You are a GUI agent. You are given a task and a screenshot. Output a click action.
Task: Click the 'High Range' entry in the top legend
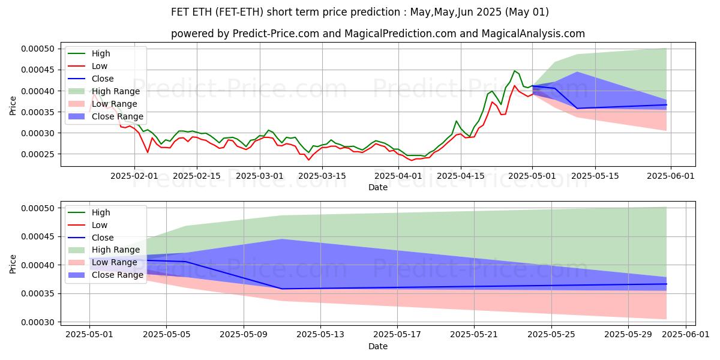click(x=115, y=91)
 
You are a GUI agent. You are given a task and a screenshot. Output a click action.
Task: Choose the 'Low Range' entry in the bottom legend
click(x=114, y=263)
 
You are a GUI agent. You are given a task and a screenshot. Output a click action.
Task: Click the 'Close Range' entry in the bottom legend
click(x=117, y=275)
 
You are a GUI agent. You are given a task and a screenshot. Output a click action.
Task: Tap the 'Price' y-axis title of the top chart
click(x=13, y=106)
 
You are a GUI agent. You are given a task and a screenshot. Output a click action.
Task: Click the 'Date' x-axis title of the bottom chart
click(x=378, y=346)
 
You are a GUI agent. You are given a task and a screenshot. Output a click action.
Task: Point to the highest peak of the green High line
click(x=514, y=71)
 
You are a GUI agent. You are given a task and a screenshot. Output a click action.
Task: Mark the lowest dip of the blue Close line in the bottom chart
click(x=282, y=289)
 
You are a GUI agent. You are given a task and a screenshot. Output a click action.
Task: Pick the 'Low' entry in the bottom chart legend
click(x=99, y=225)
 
